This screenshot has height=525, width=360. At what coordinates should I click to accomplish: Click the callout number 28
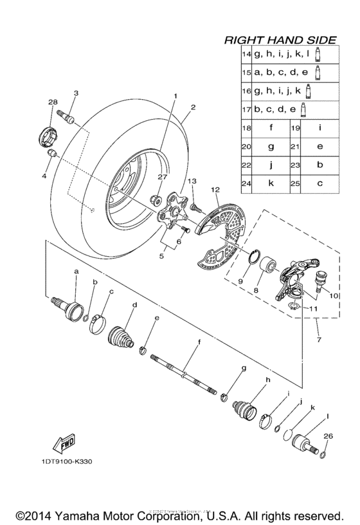pyautogui.click(x=52, y=102)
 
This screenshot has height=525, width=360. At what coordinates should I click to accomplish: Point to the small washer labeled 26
pyautogui.click(x=322, y=456)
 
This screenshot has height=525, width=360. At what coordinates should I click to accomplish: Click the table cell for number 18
pyautogui.click(x=246, y=128)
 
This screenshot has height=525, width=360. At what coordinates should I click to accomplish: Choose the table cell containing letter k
pyautogui.click(x=271, y=183)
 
